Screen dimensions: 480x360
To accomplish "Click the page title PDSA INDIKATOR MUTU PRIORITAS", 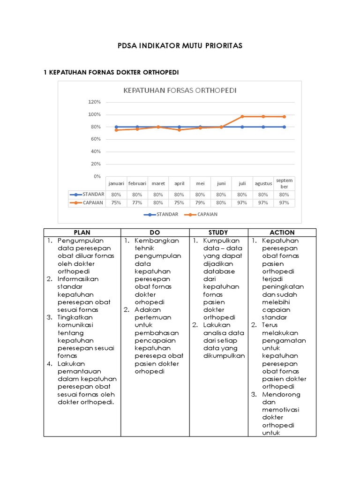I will coord(180,45).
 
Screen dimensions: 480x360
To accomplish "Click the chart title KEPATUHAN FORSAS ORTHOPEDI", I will coord(180,90).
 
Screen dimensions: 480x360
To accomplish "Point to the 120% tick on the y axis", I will coord(94,102).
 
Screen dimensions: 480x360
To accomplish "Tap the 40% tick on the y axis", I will coord(95,151).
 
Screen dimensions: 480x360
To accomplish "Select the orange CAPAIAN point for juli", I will coord(242,116).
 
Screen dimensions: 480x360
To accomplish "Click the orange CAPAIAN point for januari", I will coord(116,130).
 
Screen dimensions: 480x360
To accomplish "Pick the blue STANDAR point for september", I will coord(284,127).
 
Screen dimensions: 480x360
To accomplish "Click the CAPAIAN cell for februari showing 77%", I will coord(137,203).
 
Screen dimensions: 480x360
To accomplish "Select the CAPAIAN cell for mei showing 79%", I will coord(200,203).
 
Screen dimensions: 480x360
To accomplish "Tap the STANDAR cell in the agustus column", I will coord(263,194).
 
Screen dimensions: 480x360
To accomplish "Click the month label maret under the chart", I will coord(158,184).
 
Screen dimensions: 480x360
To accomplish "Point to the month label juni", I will coord(221,184).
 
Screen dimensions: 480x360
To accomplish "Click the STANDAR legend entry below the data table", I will coord(161,214).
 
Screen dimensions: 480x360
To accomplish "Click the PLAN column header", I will coord(82,232).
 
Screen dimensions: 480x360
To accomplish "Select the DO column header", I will coord(155,232).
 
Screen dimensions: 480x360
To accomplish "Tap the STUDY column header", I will coord(218,232).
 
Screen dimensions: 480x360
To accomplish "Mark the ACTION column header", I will coord(282,232).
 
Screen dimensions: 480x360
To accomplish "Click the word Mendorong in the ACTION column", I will coord(281,394).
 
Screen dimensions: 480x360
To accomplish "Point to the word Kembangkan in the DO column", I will coord(157,240).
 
